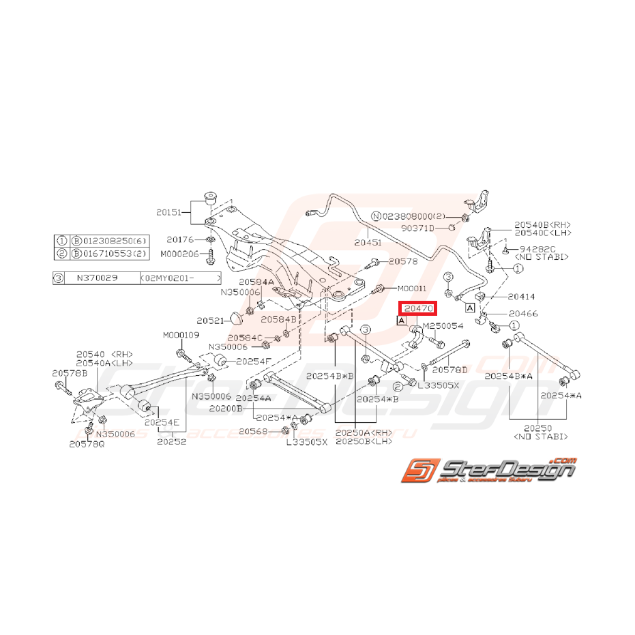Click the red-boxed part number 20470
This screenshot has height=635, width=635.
(416, 309)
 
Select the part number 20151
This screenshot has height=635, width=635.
(169, 212)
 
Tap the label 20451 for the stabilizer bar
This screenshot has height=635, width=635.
(369, 241)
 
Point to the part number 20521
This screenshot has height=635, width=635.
(210, 320)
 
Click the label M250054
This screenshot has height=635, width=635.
(443, 327)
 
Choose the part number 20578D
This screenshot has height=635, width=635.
(450, 369)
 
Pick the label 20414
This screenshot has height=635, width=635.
(521, 297)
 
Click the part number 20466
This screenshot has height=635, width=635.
(524, 314)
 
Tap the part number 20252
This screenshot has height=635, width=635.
(171, 441)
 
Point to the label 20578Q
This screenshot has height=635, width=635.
(87, 443)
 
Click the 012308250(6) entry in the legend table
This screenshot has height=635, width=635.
(112, 241)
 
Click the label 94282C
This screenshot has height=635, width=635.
(537, 250)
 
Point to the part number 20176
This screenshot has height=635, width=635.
(181, 239)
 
